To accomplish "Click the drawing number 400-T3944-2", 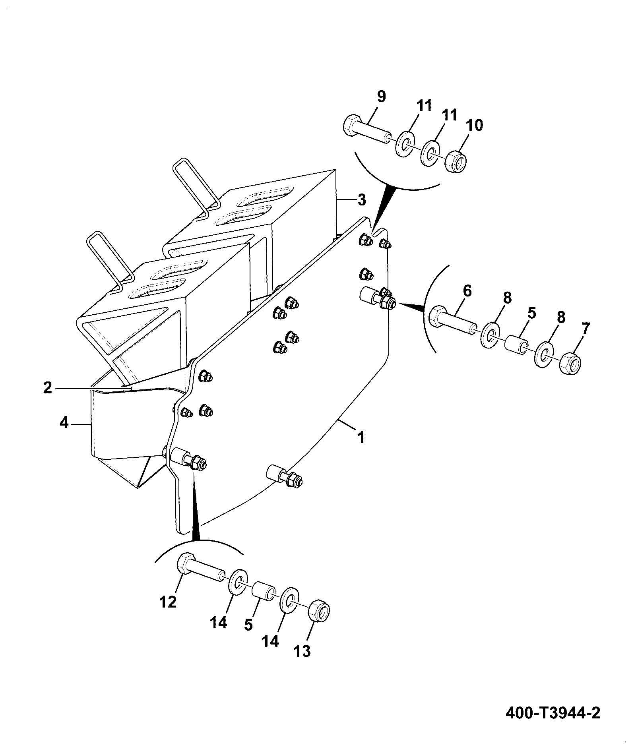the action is (x=553, y=712).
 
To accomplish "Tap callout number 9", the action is (x=381, y=97).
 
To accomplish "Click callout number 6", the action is (x=467, y=291).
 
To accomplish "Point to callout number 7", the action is (x=586, y=329).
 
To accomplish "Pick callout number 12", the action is (x=168, y=602).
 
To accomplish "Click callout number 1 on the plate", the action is (x=361, y=438).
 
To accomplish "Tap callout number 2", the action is (x=48, y=387).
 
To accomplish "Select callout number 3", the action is (x=361, y=200).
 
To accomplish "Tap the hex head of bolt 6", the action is (x=439, y=315).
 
